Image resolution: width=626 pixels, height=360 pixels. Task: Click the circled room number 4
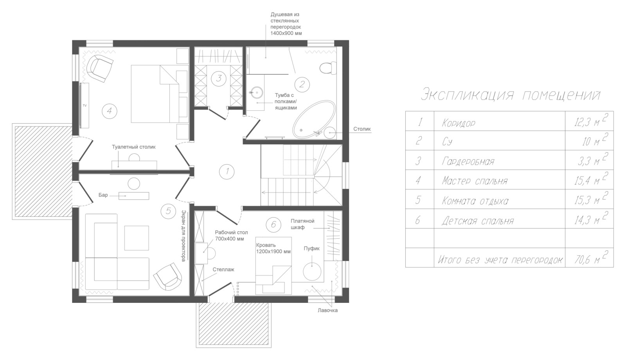pos(109,111)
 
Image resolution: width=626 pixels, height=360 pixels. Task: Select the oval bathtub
pos(314,119)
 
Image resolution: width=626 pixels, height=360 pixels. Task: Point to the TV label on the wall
pos(85,105)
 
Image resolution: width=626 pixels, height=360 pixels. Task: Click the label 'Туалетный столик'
pos(133,147)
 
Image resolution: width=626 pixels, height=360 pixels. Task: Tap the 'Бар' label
pos(103,195)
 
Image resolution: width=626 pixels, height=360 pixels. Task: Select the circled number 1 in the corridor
pos(227,171)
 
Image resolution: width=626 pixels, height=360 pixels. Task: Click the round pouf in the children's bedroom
pos(312,271)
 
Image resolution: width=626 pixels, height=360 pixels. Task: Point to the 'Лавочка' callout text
pos(327,310)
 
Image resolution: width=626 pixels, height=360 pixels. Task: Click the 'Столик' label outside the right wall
pos(362,129)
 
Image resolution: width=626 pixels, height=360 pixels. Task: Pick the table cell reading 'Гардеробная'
pos(468,161)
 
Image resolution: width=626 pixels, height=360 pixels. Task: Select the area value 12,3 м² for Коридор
pos(590,122)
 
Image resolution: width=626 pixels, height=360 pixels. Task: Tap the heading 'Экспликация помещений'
pos(510,95)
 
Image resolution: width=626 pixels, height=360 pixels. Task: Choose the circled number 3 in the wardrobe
pos(219,78)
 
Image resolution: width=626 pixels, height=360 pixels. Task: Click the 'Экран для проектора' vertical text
pos(183,236)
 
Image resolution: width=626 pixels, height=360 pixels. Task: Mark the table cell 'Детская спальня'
pos(478,221)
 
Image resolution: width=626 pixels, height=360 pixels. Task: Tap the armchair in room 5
pos(168,277)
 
